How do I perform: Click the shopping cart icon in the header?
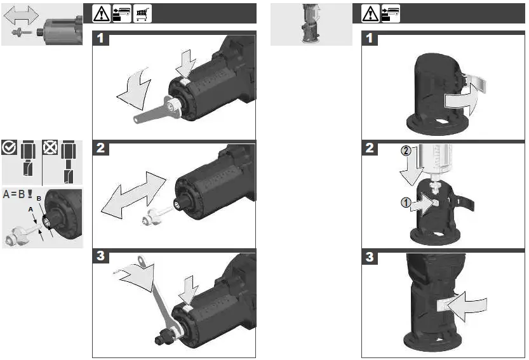[x=142, y=14]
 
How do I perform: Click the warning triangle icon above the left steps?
[x=101, y=14]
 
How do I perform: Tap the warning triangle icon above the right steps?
[x=370, y=14]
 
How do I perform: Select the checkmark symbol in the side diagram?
[x=9, y=147]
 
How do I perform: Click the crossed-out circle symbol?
[x=50, y=147]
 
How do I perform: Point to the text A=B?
[x=14, y=194]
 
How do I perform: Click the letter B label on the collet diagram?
[x=39, y=198]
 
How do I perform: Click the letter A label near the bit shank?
[x=30, y=210]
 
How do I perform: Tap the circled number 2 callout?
[x=406, y=150]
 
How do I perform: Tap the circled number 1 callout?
[x=406, y=203]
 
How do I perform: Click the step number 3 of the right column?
[x=370, y=257]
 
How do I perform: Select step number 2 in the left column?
[x=100, y=148]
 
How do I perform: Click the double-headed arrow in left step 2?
[x=133, y=195]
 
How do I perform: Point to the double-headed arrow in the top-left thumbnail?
[x=21, y=15]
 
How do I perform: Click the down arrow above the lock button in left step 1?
[x=186, y=64]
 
